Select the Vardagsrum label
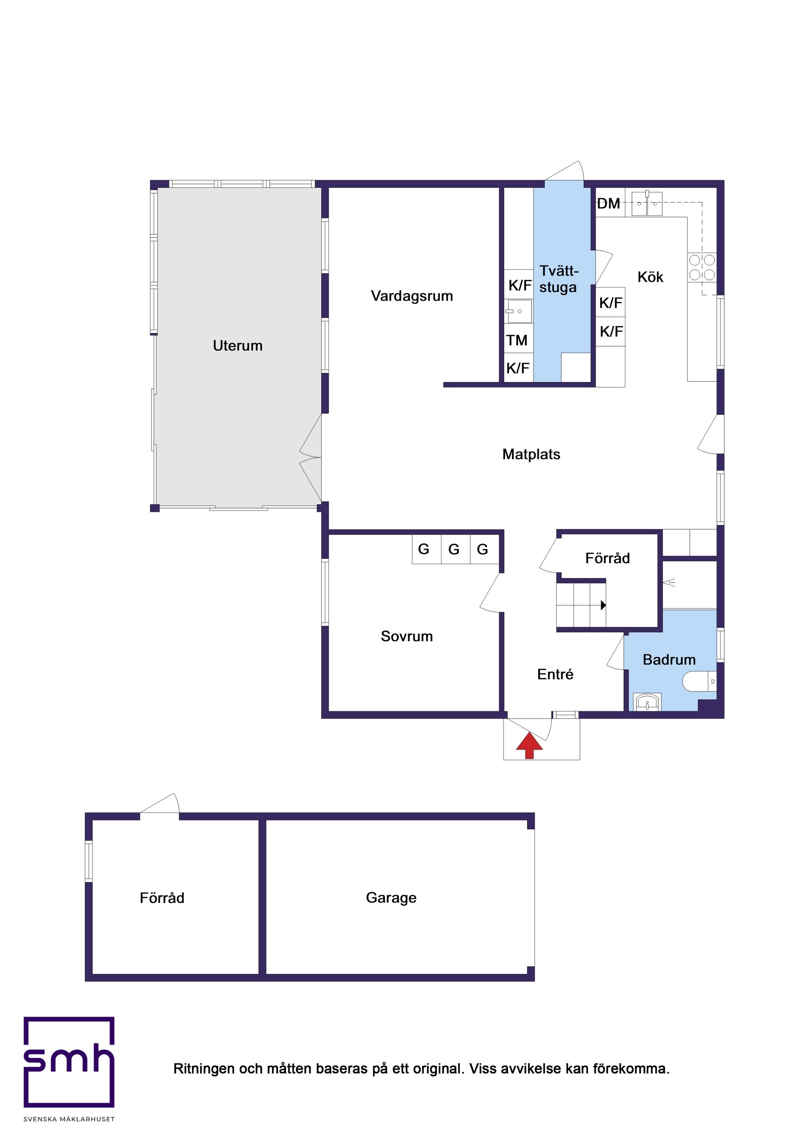tap(411, 296)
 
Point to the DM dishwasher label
tap(608, 203)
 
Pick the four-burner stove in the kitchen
tap(701, 268)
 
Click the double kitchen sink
tap(646, 203)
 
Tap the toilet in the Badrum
tap(698, 681)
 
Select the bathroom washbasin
tap(646, 702)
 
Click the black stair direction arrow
tap(603, 605)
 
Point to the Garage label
tap(391, 897)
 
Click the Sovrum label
tap(406, 636)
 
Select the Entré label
tap(555, 674)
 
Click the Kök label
tap(650, 277)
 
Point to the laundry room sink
tap(519, 311)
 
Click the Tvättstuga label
tap(559, 279)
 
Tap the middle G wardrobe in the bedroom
tap(454, 549)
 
